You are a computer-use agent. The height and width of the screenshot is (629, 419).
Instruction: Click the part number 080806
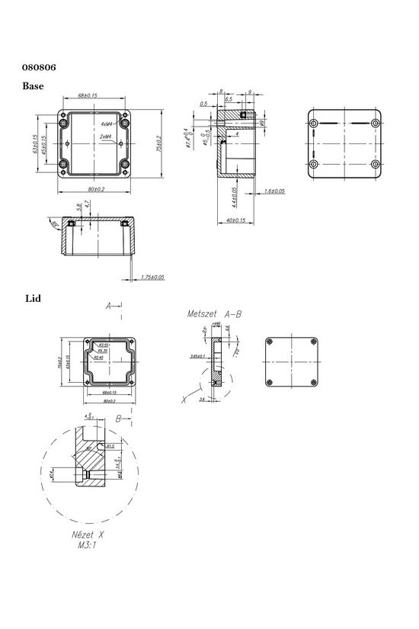tap(37, 67)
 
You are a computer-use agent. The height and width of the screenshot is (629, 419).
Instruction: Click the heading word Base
tap(33, 86)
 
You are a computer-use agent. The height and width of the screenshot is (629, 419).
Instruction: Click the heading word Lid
tap(33, 298)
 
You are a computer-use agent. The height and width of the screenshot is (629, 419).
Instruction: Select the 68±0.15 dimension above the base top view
tap(93, 96)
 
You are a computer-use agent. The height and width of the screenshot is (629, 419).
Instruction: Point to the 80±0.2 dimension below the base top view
tap(95, 188)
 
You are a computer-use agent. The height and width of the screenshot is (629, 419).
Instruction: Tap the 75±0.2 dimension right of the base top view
tap(159, 143)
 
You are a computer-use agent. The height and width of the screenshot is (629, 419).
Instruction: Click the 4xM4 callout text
tap(107, 123)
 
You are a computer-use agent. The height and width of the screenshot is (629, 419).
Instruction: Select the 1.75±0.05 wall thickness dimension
tap(152, 278)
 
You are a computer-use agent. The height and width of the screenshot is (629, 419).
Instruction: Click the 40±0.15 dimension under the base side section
tap(235, 221)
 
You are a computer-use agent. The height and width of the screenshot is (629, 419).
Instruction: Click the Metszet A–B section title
tap(214, 313)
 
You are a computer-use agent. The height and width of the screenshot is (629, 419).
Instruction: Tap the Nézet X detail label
tap(88, 535)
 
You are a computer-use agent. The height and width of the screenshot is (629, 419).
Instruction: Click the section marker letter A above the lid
tap(110, 306)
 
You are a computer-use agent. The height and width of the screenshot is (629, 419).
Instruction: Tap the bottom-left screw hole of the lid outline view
tap(272, 382)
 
